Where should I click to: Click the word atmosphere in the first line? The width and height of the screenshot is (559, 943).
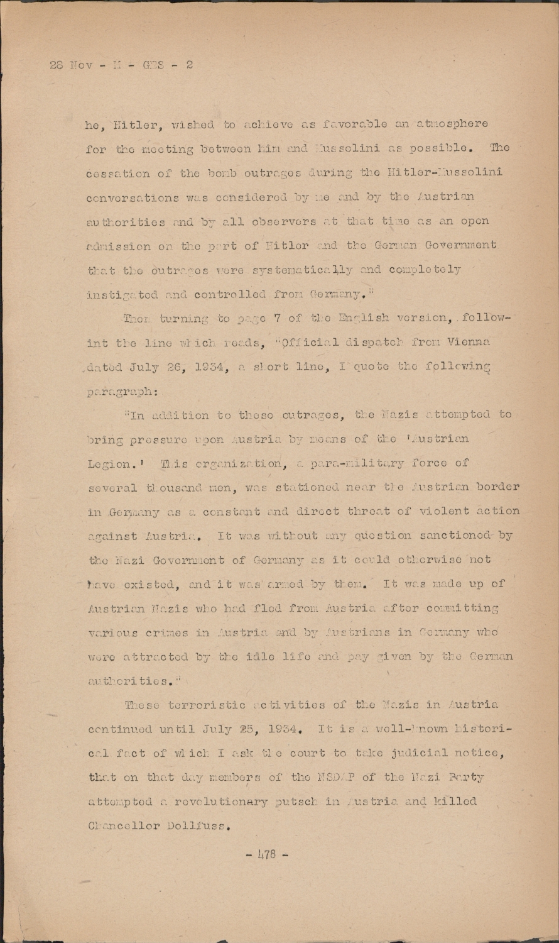click(x=452, y=124)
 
